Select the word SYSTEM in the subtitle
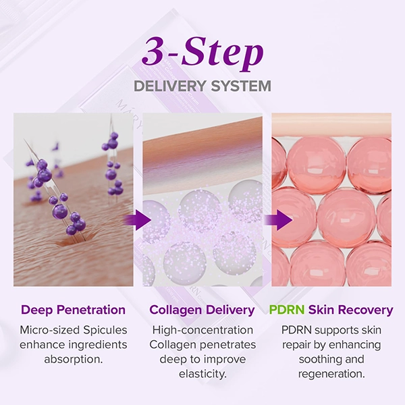pos(241,86)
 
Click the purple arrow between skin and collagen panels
pos(137,220)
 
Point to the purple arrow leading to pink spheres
pos(278,220)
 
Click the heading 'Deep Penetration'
pos(74,310)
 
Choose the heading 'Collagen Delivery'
pos(202,310)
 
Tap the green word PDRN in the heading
pos(287,310)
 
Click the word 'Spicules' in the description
pos(105,330)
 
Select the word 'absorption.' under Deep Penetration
pos(74,359)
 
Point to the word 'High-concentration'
pos(202,330)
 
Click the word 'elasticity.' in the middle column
pos(202,374)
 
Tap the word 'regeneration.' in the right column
pos(331,374)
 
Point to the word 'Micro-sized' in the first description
pos(50,330)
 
